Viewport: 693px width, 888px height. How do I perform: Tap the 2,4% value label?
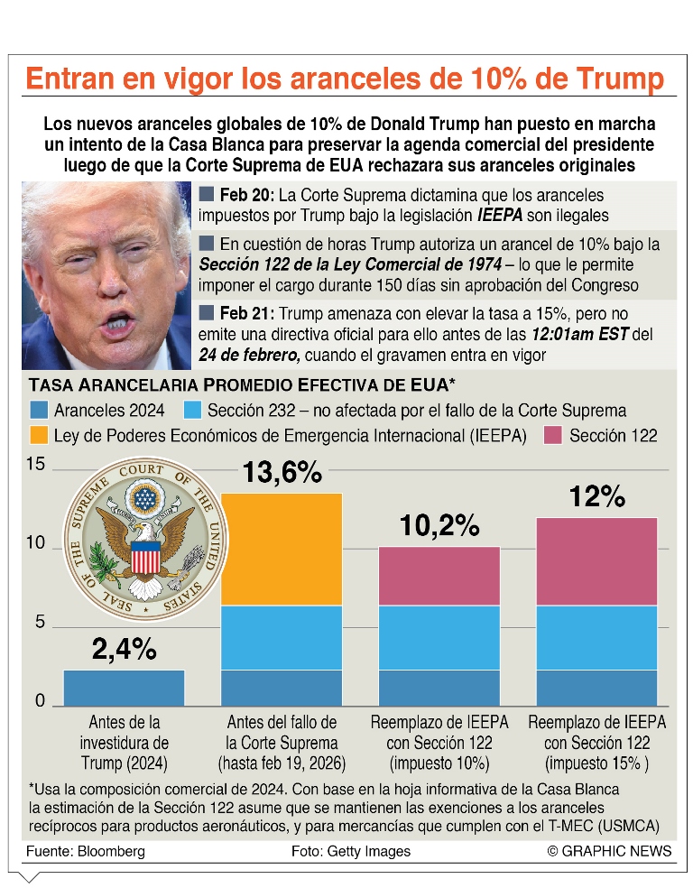coord(124,649)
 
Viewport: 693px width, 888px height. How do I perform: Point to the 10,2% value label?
coord(439,525)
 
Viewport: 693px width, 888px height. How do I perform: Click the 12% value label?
coord(596,496)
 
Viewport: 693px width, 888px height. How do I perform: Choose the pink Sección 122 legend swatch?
coord(553,436)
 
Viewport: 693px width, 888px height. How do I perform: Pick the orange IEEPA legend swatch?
coord(41,436)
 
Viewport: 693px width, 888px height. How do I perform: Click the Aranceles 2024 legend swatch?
coord(41,410)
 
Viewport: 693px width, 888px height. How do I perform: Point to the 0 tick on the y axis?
coord(40,700)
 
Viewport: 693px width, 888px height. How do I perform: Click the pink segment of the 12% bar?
coord(596,560)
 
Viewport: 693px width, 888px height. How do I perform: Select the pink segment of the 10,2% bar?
coord(439,576)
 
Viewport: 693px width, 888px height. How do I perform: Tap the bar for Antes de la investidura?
coord(124,687)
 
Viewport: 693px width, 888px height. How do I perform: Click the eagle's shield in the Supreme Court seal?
coord(144,558)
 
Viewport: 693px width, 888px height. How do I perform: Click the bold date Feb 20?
coord(246,195)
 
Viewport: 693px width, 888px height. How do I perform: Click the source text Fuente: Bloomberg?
coord(86,851)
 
